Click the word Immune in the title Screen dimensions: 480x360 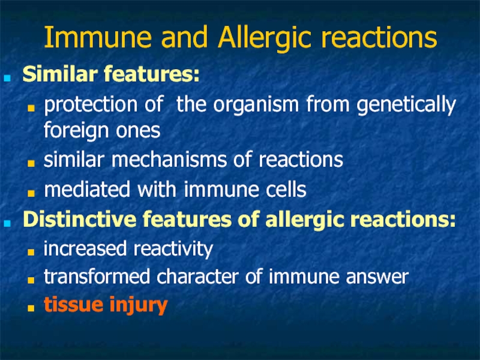click(x=98, y=37)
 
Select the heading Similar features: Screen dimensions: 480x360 click(x=111, y=74)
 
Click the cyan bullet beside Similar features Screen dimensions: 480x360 click(x=7, y=77)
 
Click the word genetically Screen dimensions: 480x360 click(x=406, y=105)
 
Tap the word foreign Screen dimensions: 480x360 click(x=76, y=131)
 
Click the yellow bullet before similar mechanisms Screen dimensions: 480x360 click(x=31, y=163)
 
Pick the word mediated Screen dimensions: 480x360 click(x=87, y=189)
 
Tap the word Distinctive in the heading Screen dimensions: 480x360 click(x=80, y=219)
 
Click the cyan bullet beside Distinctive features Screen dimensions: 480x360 click(x=7, y=223)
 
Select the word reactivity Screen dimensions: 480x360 click(x=173, y=249)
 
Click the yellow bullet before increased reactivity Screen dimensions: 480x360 click(x=31, y=252)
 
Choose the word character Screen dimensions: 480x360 click(x=197, y=276)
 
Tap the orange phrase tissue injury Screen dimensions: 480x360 click(x=106, y=305)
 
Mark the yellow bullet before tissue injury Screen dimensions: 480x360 click(x=31, y=308)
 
